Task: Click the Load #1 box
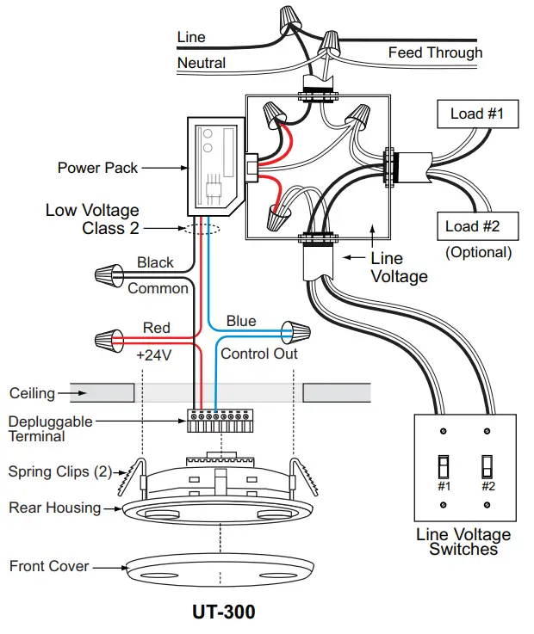(x=477, y=114)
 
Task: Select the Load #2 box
(x=478, y=227)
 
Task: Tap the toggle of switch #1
(x=444, y=467)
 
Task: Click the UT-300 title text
(x=223, y=612)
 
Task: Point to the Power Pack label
(x=97, y=168)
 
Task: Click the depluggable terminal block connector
(x=222, y=420)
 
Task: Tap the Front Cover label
(x=49, y=566)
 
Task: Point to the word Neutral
(x=202, y=63)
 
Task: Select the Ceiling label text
(x=32, y=393)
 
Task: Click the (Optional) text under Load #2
(x=478, y=253)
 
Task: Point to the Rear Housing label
(x=54, y=508)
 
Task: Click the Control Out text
(x=259, y=354)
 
